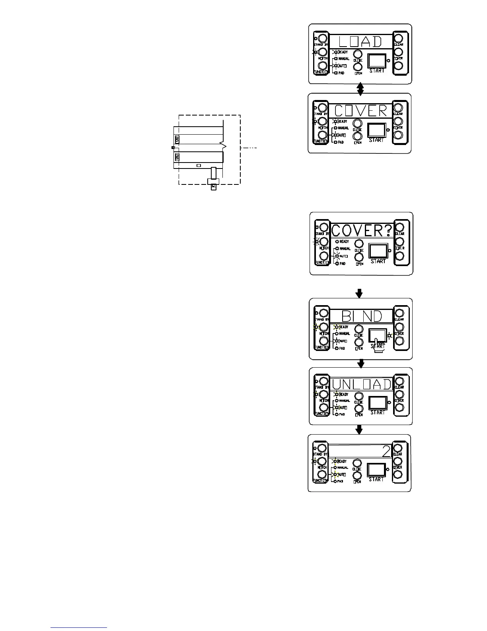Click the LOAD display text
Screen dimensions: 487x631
coord(360,42)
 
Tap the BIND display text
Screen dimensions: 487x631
coord(361,316)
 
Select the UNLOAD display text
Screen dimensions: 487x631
coord(362,384)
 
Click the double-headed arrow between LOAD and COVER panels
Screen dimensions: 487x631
coord(360,89)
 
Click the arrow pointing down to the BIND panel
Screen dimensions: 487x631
coord(359,294)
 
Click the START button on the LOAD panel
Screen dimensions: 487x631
coord(377,60)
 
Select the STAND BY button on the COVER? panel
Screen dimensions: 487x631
coord(323,227)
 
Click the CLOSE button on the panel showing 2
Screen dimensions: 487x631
coord(357,463)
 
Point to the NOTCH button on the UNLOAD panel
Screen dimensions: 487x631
coord(324,394)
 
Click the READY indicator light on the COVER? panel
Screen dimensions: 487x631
coord(337,241)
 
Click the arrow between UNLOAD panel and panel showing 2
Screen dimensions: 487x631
coord(359,429)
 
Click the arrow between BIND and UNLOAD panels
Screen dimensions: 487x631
coord(361,363)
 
